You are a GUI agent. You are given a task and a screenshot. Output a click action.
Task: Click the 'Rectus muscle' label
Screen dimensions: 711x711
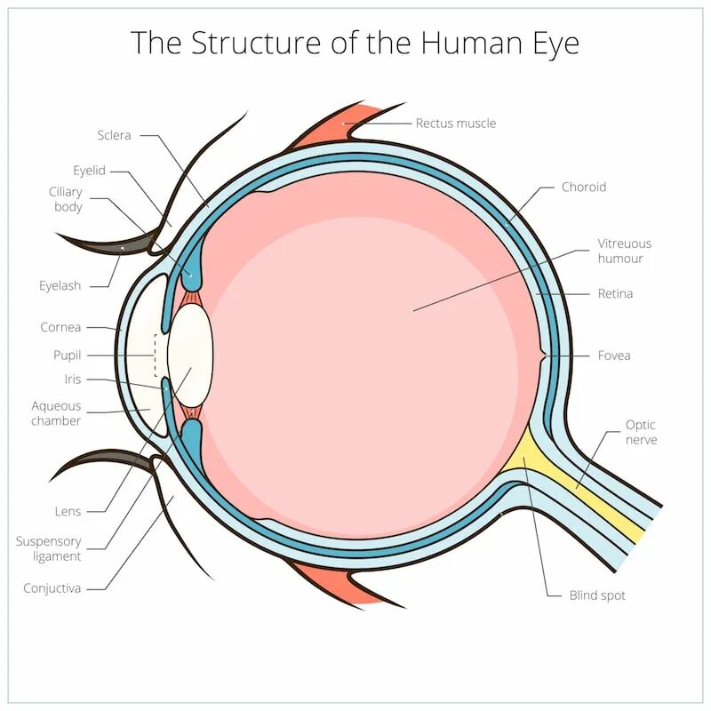pos(456,123)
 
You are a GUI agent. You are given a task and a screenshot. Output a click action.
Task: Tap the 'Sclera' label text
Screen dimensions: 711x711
pos(115,135)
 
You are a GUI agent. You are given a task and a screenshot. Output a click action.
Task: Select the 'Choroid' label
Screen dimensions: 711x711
pos(584,187)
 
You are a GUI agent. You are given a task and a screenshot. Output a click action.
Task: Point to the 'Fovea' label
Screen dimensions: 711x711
pos(614,355)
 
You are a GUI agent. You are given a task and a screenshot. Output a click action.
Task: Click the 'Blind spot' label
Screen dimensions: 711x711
pos(597,595)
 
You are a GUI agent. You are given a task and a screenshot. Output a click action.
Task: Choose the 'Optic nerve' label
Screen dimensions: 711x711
pos(641,432)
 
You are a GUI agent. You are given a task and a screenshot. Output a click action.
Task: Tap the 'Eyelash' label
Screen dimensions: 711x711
pos(60,285)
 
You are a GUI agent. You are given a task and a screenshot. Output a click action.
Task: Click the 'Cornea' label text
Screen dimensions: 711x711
pos(60,327)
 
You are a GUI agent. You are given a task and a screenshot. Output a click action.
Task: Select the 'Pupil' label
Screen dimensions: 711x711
pos(67,355)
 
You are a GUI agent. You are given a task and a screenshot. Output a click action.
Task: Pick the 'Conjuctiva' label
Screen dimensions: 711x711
pos(52,587)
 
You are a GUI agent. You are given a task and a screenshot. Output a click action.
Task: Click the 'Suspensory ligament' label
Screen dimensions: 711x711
pos(49,548)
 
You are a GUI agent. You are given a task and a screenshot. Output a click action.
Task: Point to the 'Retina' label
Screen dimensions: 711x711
pos(615,293)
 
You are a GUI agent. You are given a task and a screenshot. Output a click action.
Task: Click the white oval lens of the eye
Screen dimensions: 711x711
pos(190,355)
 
